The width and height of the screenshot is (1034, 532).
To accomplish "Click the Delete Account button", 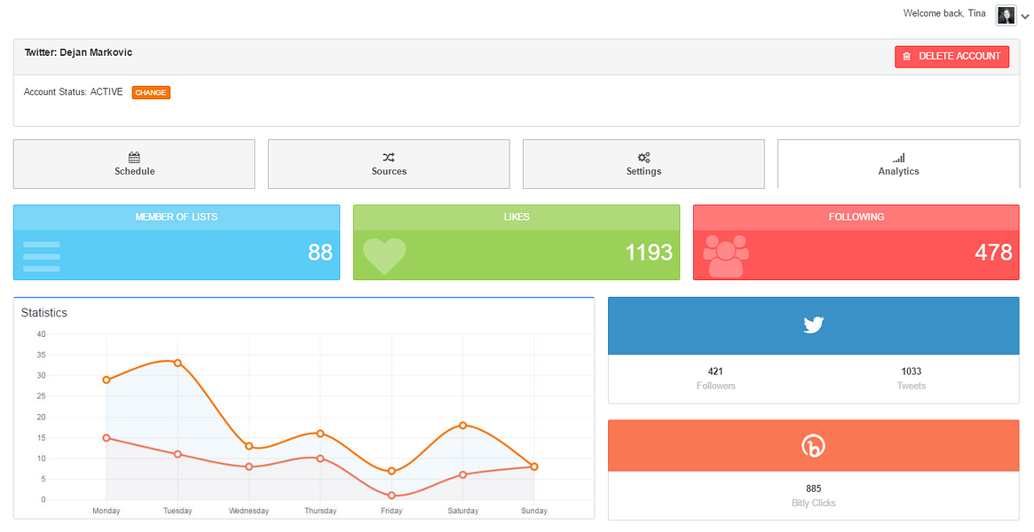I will pyautogui.click(x=951, y=56).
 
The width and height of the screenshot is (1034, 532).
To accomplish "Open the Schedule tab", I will pyautogui.click(x=134, y=164).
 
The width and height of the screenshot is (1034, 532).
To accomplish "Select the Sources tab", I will pyautogui.click(x=389, y=164).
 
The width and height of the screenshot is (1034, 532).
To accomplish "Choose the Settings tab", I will pyautogui.click(x=643, y=164).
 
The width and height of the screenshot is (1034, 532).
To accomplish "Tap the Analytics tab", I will pyautogui.click(x=898, y=164).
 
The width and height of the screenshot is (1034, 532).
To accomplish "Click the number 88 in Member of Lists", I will pyautogui.click(x=320, y=253).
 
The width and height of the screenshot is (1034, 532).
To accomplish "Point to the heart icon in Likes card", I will pyautogui.click(x=384, y=255).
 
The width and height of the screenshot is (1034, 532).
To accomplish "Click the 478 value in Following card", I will pyautogui.click(x=992, y=253).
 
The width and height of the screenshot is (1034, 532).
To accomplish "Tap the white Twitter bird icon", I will pyautogui.click(x=813, y=325).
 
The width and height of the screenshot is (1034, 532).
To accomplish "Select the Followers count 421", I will pyautogui.click(x=715, y=372).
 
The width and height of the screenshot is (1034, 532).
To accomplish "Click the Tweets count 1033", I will pyautogui.click(x=911, y=372).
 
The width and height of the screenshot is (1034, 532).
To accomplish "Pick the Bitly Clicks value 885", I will pyautogui.click(x=813, y=489).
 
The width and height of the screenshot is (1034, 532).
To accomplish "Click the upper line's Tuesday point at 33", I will pyautogui.click(x=178, y=363).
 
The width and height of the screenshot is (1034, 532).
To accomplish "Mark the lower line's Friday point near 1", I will pyautogui.click(x=391, y=496).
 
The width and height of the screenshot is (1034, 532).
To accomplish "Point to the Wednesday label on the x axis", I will pyautogui.click(x=249, y=511).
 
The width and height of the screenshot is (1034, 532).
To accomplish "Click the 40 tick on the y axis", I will pyautogui.click(x=41, y=334).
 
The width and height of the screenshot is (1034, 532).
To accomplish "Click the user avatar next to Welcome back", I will pyautogui.click(x=1006, y=15).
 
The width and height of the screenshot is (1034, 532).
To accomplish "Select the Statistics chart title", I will pyautogui.click(x=44, y=313).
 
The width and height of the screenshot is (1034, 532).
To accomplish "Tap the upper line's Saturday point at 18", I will pyautogui.click(x=463, y=426).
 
